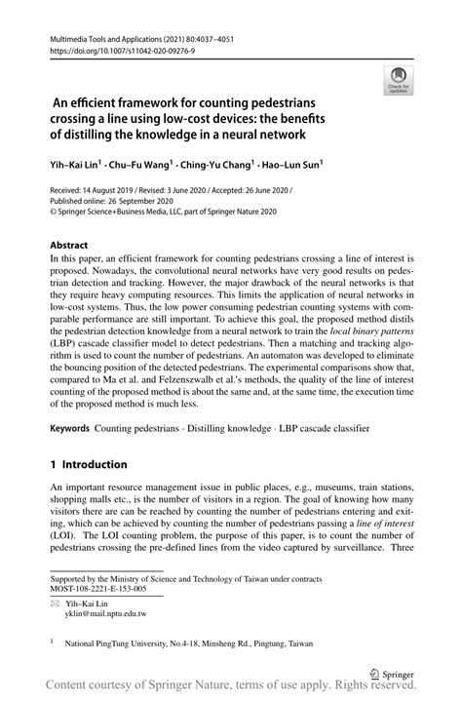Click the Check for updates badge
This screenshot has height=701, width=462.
coord(398,82)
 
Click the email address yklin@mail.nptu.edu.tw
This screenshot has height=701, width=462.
coord(107,614)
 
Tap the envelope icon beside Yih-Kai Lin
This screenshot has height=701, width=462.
coord(56,604)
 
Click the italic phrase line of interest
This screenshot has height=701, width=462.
coord(387,526)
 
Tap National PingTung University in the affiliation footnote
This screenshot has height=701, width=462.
coord(121,644)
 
